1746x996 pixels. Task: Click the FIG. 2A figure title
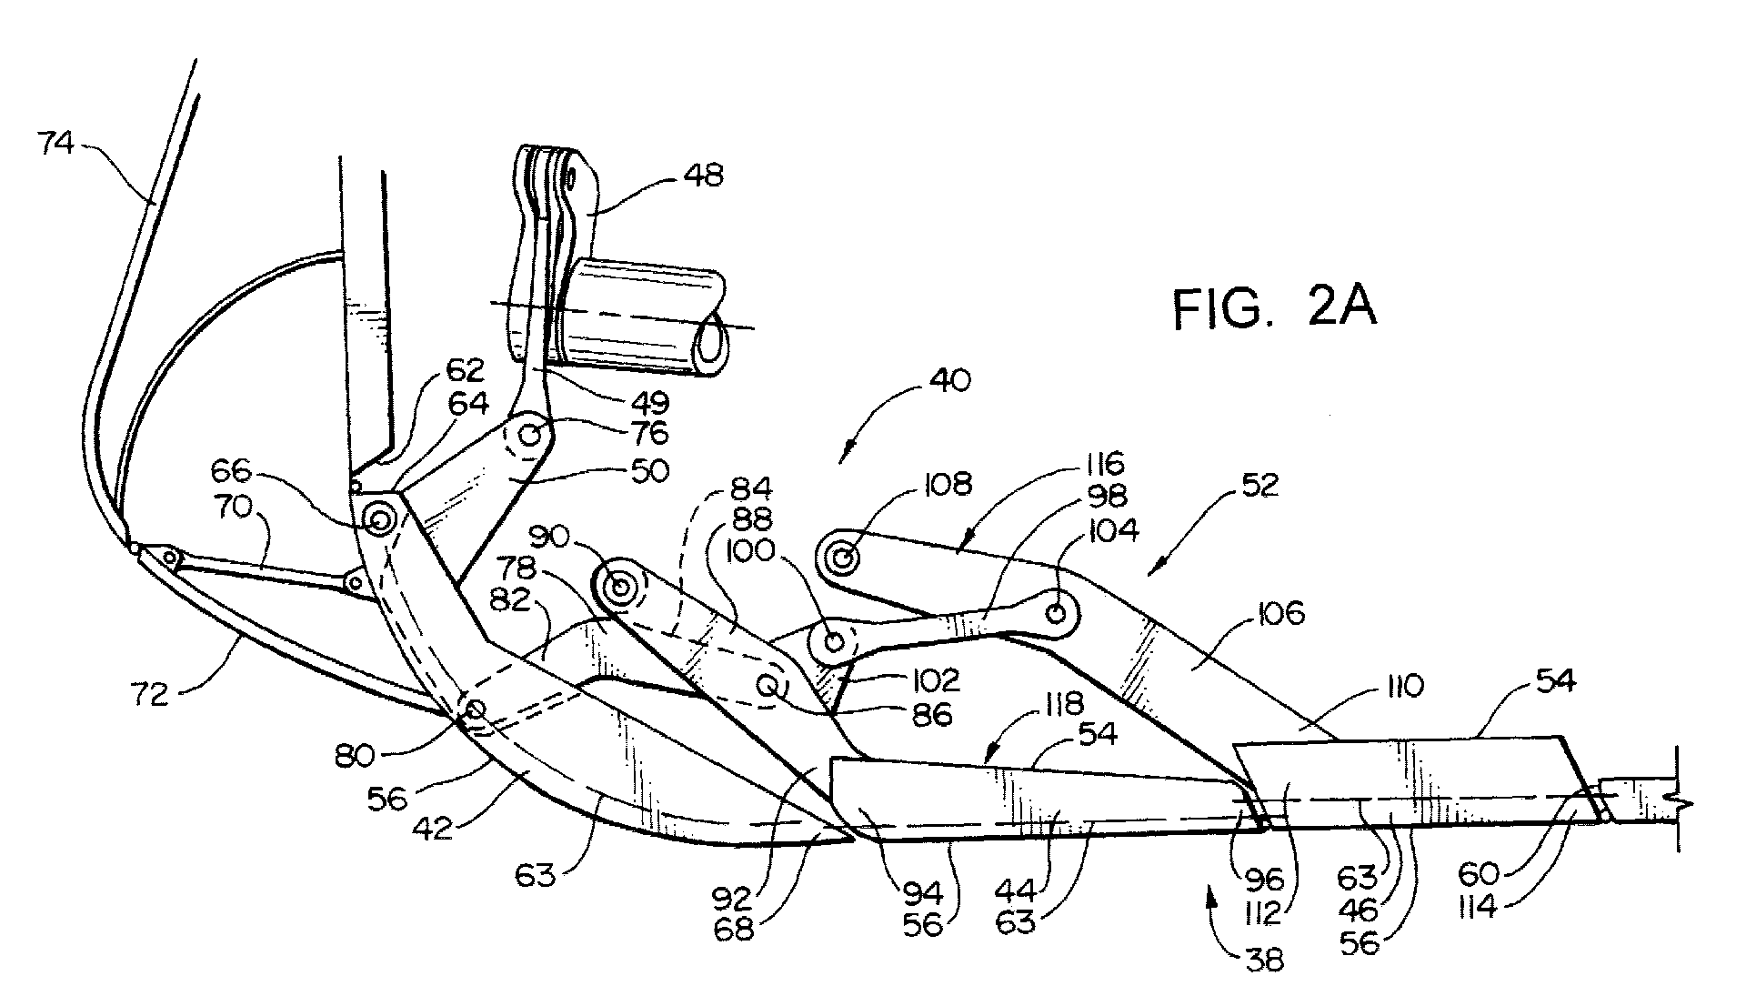[1273, 307]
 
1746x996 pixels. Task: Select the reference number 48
[702, 175]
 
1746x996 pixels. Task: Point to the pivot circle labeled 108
[842, 557]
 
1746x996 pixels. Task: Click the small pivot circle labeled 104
[1056, 611]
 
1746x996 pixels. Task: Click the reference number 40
[949, 379]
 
